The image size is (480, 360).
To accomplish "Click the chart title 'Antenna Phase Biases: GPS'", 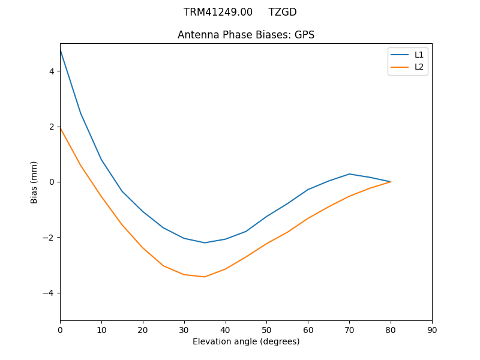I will pyautogui.click(x=246, y=35).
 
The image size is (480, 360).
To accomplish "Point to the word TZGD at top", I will pyautogui.click(x=283, y=12).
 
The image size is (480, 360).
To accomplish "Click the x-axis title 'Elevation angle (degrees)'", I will pyautogui.click(x=246, y=341).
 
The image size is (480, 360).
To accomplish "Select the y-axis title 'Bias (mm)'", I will pyautogui.click(x=34, y=182).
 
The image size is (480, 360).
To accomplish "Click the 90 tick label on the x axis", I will pyautogui.click(x=432, y=329).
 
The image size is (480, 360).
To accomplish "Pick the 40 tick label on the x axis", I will pyautogui.click(x=226, y=329).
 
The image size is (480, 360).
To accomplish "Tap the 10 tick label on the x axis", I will pyautogui.click(x=101, y=329).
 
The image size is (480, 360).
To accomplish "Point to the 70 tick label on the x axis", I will pyautogui.click(x=349, y=329).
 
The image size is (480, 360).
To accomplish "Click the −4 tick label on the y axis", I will pyautogui.click(x=49, y=293).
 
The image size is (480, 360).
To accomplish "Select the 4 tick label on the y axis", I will pyautogui.click(x=51, y=71).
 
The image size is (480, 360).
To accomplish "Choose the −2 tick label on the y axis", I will pyautogui.click(x=49, y=238).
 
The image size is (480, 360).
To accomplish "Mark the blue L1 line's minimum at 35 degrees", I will pyautogui.click(x=205, y=242).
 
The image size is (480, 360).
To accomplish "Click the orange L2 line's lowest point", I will pyautogui.click(x=205, y=277).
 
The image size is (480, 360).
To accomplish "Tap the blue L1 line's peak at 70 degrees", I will pyautogui.click(x=349, y=174).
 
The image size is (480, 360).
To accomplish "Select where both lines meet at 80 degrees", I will pyautogui.click(x=391, y=182).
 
